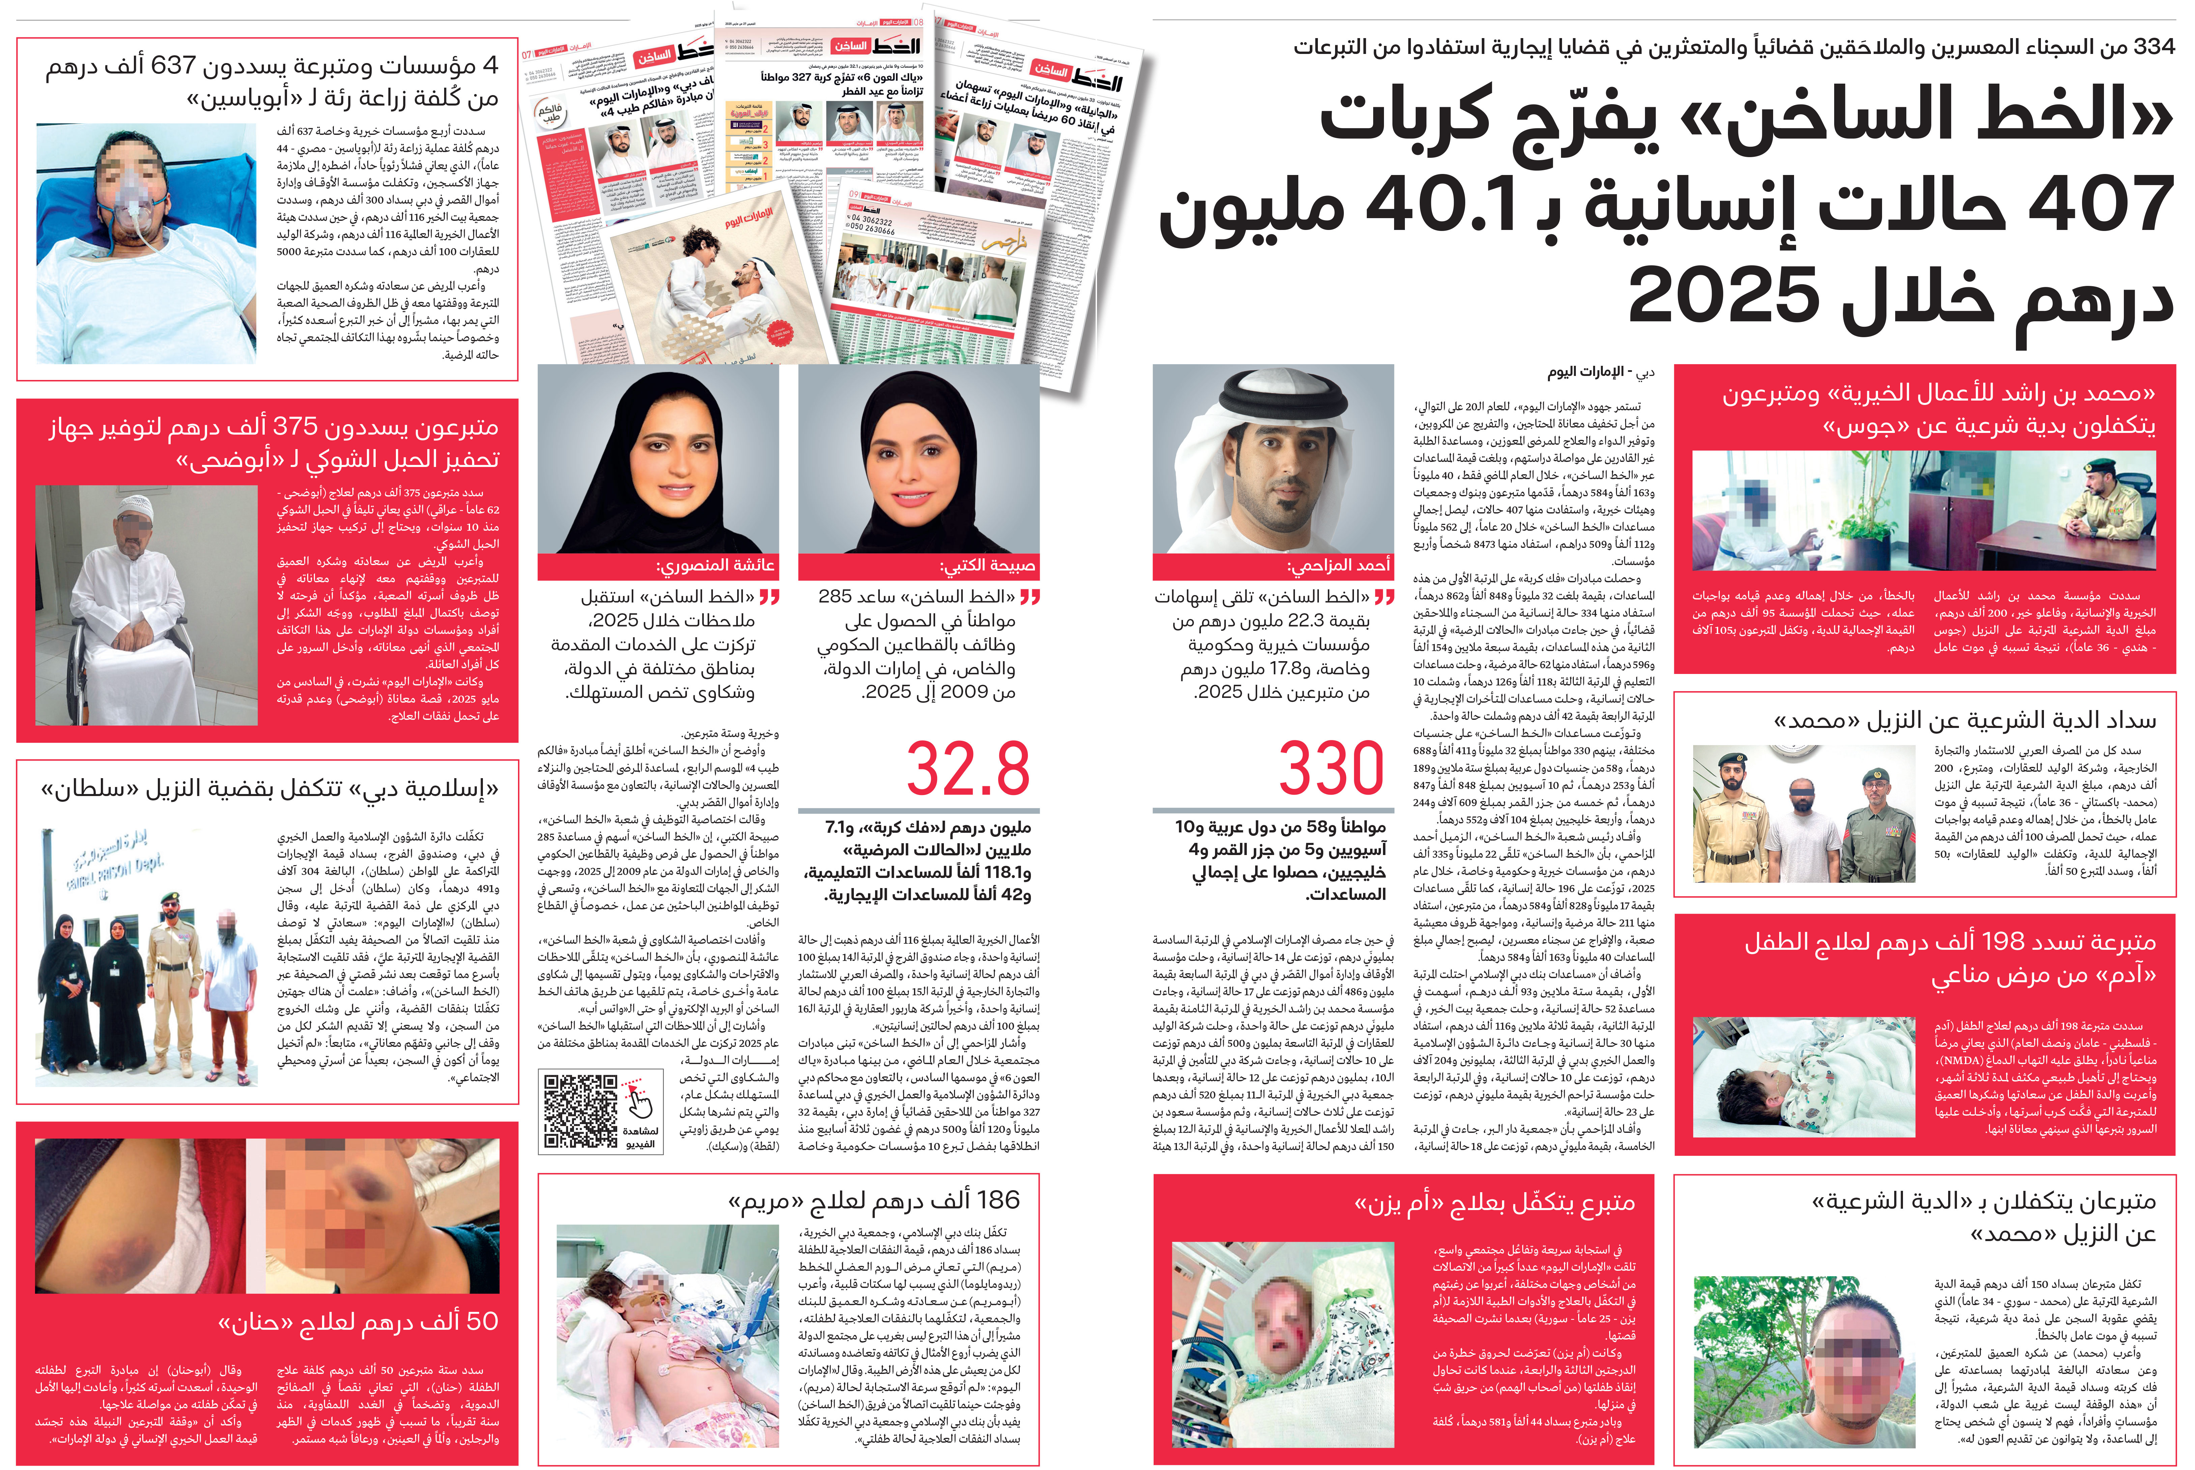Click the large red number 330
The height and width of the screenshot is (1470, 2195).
point(1331,769)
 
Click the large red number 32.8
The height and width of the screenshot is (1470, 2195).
point(969,769)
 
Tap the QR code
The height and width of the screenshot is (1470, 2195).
point(581,1111)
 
